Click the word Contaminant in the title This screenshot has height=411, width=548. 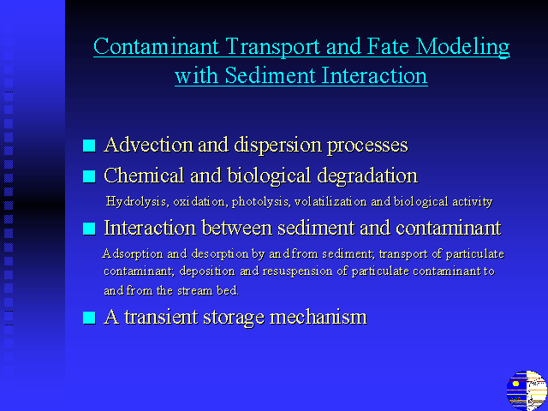pyautogui.click(x=156, y=45)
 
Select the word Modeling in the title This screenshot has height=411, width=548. pyautogui.click(x=463, y=47)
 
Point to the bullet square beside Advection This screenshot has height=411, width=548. pyautogui.click(x=89, y=146)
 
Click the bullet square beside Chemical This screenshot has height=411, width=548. pyautogui.click(x=89, y=176)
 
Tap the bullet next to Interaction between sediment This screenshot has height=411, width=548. pyautogui.click(x=89, y=229)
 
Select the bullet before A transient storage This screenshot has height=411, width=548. pyautogui.click(x=89, y=318)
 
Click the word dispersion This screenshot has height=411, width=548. pyautogui.click(x=277, y=146)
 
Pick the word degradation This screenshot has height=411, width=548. pyautogui.click(x=367, y=176)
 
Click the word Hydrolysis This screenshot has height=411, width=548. pyautogui.click(x=136, y=202)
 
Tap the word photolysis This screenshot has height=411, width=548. pyautogui.click(x=260, y=202)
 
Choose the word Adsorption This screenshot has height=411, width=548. pyautogui.click(x=133, y=253)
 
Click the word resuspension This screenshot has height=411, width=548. pyautogui.click(x=297, y=271)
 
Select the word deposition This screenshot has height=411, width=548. pyautogui.click(x=207, y=271)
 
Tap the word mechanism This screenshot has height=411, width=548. pyautogui.click(x=318, y=317)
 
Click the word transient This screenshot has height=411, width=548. pyautogui.click(x=162, y=317)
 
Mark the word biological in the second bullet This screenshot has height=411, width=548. pyautogui.click(x=268, y=176)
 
